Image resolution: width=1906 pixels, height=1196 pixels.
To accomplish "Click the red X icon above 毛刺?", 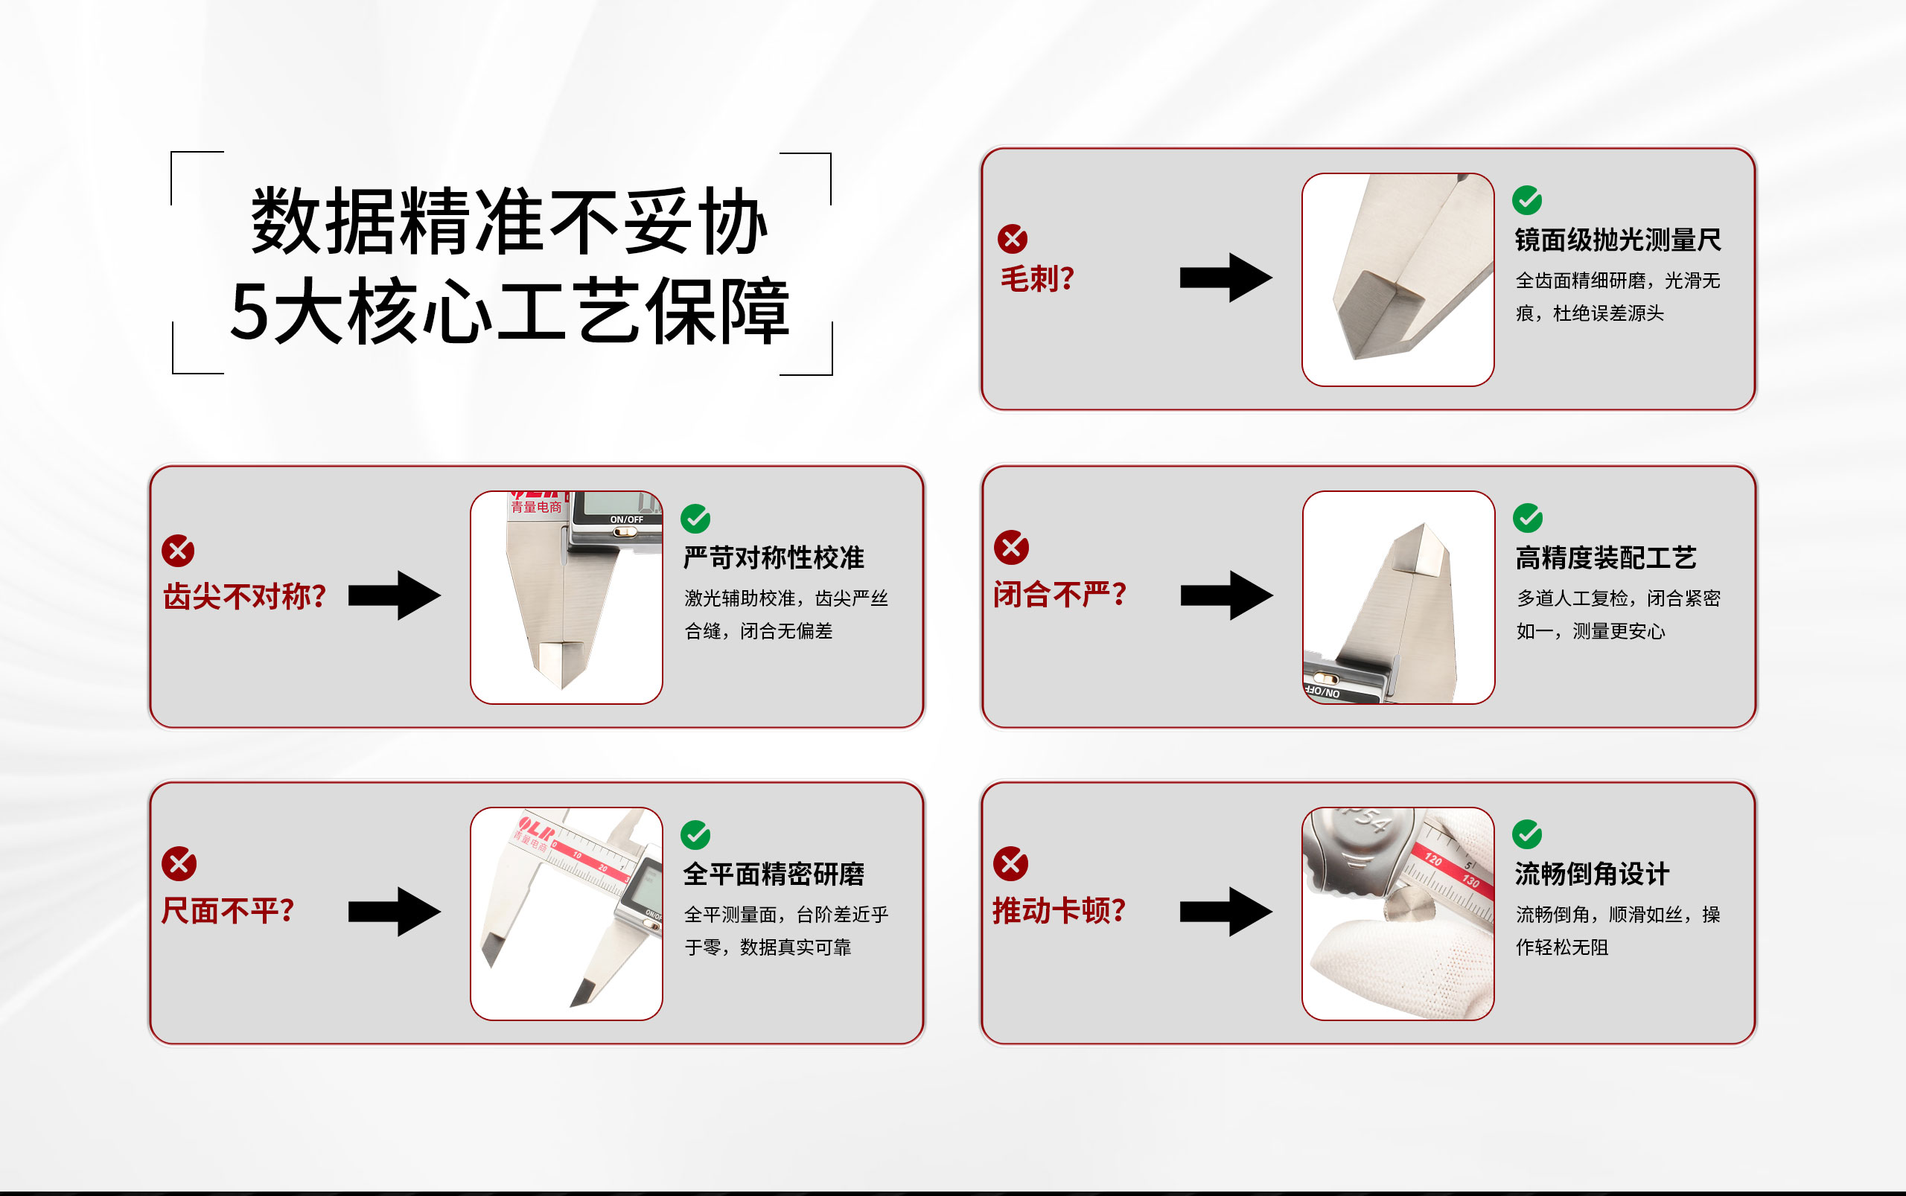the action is tap(1012, 238).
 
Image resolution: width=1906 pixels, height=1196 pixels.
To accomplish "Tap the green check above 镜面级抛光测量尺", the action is tap(1527, 200).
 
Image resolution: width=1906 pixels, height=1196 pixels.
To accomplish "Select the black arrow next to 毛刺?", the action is tap(1225, 278).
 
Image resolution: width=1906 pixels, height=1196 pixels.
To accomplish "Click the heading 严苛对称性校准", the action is tap(773, 557).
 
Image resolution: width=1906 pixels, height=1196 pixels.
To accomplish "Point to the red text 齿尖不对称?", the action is tap(244, 596).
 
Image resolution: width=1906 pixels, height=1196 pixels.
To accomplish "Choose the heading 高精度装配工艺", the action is tap(1605, 557).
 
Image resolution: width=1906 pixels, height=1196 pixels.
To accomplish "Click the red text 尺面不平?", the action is tap(228, 910).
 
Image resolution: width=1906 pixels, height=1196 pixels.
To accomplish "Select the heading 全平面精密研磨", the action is tap(773, 874).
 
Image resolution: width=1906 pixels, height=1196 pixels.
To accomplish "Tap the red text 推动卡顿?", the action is tap(1059, 910).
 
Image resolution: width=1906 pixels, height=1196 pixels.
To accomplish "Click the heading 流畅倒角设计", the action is tap(1592, 874).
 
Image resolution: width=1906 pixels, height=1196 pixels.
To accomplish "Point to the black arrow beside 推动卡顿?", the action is tap(1225, 911).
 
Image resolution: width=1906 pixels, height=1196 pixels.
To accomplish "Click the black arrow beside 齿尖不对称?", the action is tap(394, 595).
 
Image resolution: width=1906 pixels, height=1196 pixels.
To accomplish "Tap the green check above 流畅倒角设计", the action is tap(1527, 834).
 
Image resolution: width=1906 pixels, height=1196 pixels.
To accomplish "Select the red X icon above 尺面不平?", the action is tap(179, 863).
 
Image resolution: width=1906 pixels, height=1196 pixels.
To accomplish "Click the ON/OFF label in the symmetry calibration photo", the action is tap(626, 519).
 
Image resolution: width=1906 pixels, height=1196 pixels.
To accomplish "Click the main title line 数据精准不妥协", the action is tap(509, 222).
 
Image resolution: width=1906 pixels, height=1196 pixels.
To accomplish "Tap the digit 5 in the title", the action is tap(249, 313).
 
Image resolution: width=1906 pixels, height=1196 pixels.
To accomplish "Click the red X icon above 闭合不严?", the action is tap(1011, 546).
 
